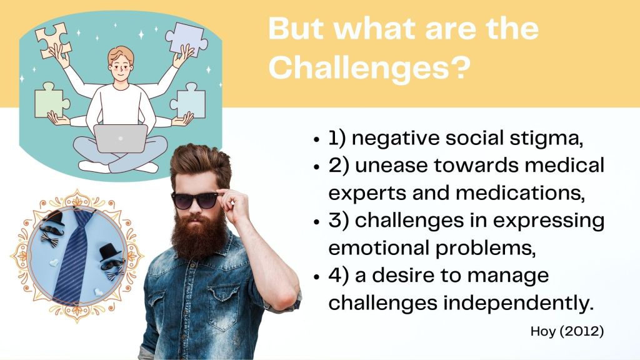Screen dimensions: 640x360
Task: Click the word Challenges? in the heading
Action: coord(369,67)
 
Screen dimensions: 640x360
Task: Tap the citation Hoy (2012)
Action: coord(566,331)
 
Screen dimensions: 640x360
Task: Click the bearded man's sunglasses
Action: coord(195,199)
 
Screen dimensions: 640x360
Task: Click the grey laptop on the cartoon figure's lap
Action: coord(121,138)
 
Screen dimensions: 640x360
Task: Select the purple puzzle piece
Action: coord(186,38)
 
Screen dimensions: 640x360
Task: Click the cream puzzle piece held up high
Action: coord(53,39)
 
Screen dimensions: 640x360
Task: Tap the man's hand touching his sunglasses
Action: coord(232,204)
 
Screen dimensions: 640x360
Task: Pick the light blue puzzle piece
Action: coord(189,101)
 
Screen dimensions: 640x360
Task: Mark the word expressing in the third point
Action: coord(549,221)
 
